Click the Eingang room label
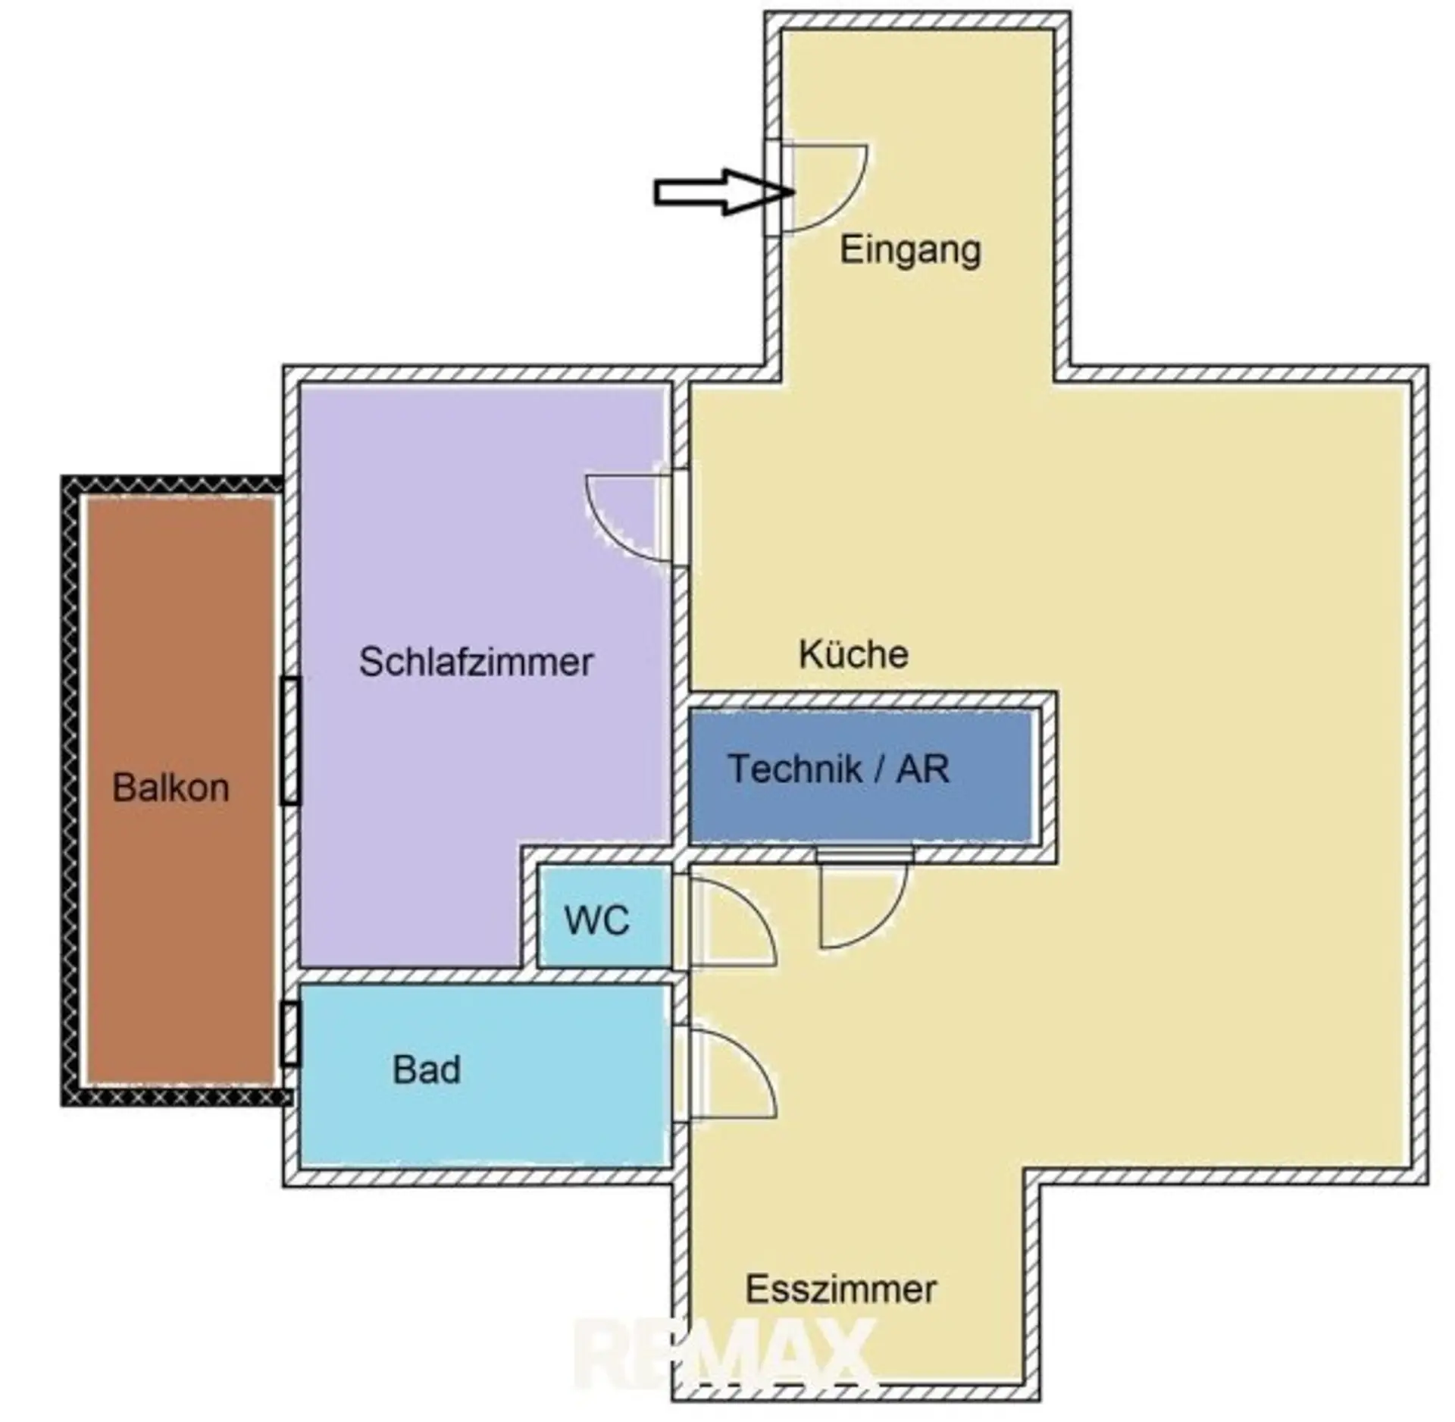[910, 250]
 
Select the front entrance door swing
[826, 186]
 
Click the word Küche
[853, 655]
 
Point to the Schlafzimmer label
[476, 662]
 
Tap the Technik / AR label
[838, 769]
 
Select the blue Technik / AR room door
[864, 906]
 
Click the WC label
[596, 921]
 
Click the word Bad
[426, 1070]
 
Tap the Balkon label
[171, 788]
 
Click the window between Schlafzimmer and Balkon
[290, 741]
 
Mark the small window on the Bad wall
[290, 1033]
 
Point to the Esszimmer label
[840, 1289]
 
